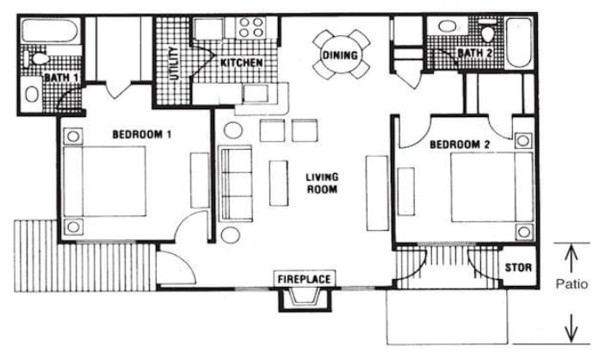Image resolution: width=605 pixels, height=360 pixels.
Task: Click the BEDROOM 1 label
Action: [x=142, y=134]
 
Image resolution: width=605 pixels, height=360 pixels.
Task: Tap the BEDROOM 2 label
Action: [x=459, y=145]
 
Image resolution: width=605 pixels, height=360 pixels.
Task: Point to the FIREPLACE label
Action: [x=305, y=279]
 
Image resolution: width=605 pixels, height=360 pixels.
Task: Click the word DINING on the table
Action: [x=337, y=55]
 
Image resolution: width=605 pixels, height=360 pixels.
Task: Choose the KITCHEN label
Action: [x=242, y=64]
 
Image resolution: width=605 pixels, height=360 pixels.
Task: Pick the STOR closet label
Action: [x=516, y=267]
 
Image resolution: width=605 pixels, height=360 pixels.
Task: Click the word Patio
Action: [x=571, y=284]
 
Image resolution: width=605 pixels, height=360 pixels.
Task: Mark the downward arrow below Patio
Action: [x=569, y=327]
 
